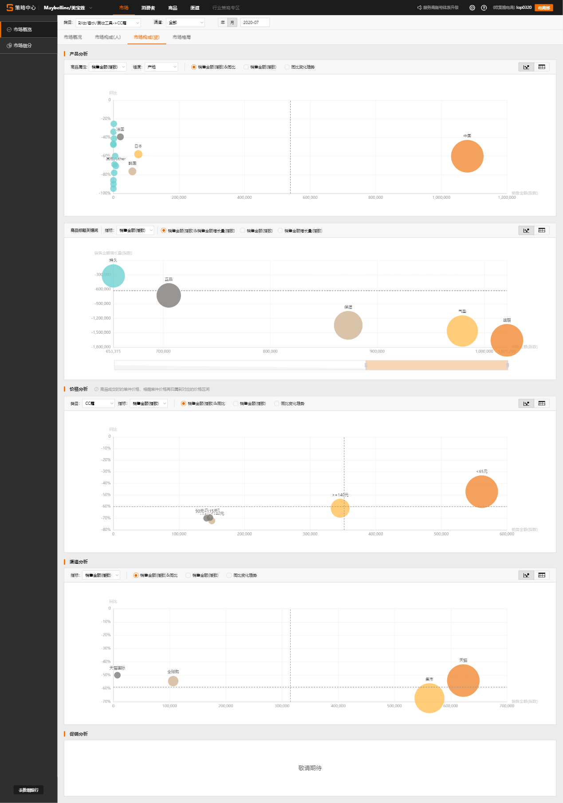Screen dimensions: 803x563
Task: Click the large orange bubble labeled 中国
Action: [467, 156]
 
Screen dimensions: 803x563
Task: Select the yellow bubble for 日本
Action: [138, 154]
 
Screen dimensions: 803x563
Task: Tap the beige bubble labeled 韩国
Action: [132, 171]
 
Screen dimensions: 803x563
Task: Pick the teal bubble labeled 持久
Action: [113, 276]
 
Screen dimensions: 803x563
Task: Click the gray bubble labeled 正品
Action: [169, 295]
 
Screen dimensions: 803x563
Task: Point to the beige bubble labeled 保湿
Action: [348, 325]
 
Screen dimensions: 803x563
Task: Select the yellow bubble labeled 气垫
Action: [462, 331]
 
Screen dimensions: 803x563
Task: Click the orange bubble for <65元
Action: [481, 492]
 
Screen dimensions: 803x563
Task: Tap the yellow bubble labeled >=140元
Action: [340, 508]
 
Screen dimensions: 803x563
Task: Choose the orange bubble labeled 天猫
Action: [463, 680]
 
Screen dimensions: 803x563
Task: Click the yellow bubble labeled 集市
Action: [429, 698]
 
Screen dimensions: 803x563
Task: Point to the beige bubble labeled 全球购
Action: [173, 681]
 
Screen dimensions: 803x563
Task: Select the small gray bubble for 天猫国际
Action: [117, 675]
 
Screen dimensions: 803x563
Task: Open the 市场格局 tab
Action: [181, 37]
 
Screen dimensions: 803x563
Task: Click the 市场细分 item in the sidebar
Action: [23, 46]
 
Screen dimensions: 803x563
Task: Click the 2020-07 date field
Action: [255, 23]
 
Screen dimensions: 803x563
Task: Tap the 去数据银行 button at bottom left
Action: [28, 790]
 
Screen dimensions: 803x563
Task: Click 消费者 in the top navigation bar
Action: [148, 8]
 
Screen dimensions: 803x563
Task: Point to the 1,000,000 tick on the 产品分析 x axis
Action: [441, 198]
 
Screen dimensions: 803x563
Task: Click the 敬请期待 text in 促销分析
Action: [310, 768]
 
